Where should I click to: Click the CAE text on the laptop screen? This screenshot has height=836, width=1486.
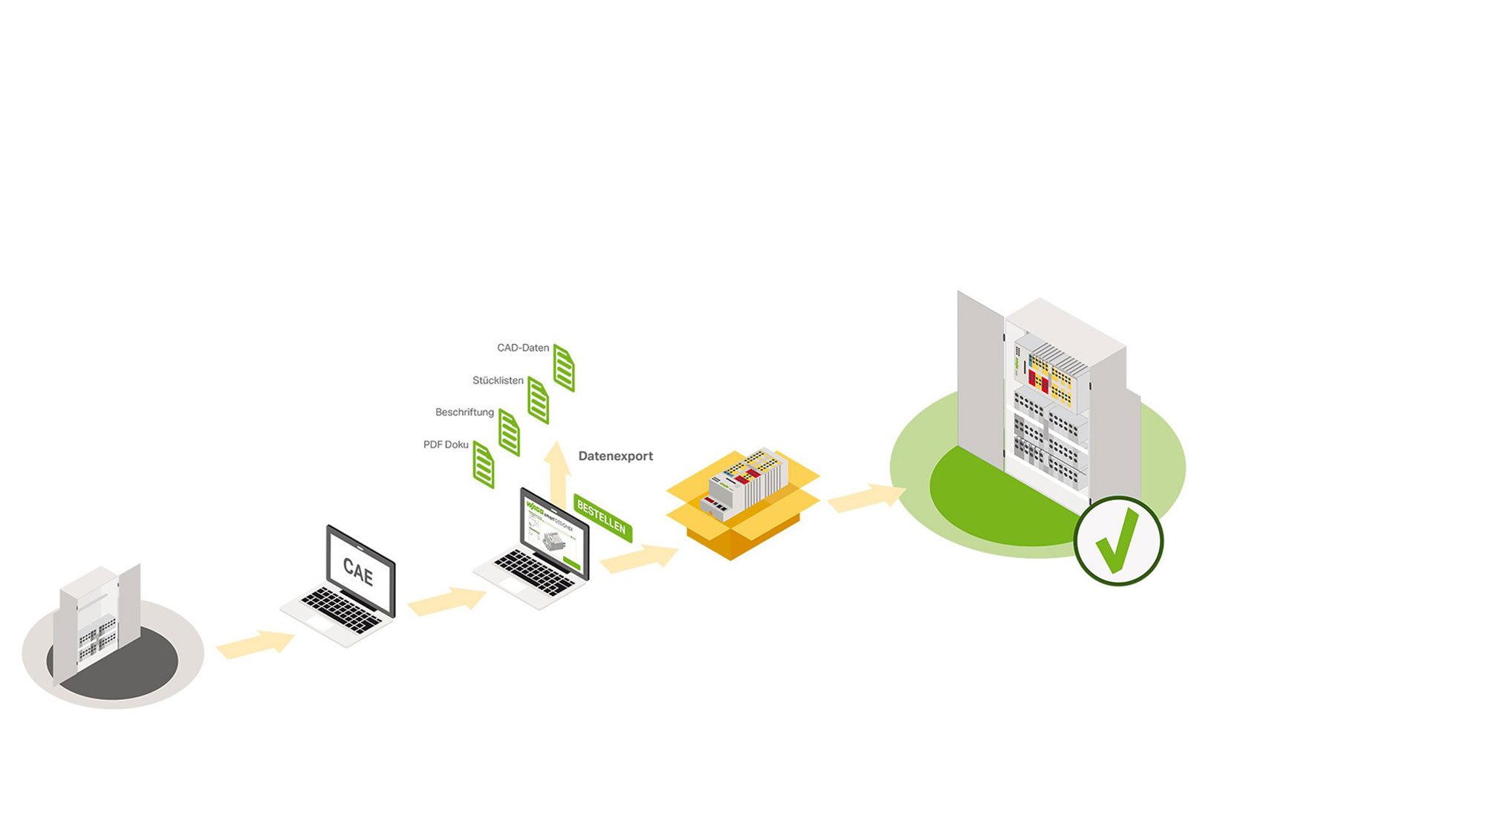[x=358, y=571]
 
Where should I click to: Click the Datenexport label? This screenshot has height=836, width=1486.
[x=615, y=456]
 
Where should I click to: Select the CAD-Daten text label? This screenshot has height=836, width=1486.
[x=523, y=348]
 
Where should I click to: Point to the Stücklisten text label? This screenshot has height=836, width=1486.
[x=498, y=380]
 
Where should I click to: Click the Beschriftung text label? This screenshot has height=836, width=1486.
[x=464, y=412]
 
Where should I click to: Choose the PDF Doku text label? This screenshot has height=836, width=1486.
[x=446, y=445]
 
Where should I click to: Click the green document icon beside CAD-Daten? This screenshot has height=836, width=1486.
[x=564, y=369]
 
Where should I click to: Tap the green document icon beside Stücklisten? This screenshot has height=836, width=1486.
[x=538, y=401]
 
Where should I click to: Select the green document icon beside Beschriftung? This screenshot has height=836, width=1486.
[x=509, y=432]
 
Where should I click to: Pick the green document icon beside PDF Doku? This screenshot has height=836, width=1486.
[x=484, y=465]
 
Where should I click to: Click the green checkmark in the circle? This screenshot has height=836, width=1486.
[x=1117, y=540]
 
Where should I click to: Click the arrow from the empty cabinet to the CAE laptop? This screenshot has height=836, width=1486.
[x=256, y=644]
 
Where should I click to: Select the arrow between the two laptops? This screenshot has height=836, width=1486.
[x=447, y=600]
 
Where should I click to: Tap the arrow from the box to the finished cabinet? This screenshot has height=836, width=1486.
[x=866, y=498]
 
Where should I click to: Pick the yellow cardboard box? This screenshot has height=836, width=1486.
[x=743, y=520]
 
